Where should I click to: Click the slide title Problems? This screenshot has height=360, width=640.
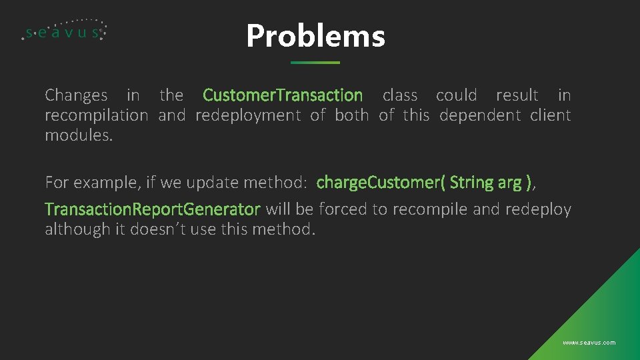click(315, 36)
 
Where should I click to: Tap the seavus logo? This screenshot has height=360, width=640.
click(64, 31)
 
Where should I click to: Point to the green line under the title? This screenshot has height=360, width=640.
click(315, 63)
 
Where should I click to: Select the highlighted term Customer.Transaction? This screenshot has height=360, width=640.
click(283, 95)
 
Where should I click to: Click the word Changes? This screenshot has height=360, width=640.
click(76, 95)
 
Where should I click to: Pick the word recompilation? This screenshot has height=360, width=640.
click(96, 115)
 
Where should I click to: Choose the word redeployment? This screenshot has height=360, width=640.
click(248, 115)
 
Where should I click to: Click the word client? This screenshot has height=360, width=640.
click(551, 115)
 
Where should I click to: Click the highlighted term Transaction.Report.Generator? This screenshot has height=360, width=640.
click(152, 209)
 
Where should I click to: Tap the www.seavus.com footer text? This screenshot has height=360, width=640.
click(589, 343)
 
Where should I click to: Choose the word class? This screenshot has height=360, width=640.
click(400, 95)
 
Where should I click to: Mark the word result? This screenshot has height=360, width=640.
click(517, 95)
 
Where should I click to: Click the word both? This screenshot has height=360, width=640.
click(351, 115)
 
